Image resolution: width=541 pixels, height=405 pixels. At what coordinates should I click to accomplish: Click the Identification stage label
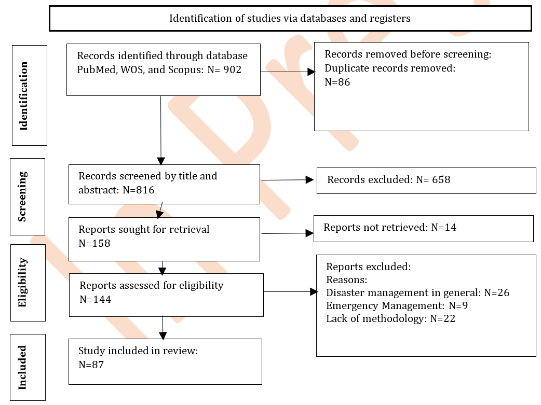[x=23, y=96]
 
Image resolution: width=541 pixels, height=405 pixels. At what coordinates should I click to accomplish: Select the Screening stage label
[x=22, y=197]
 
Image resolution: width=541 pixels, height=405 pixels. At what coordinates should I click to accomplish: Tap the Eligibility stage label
[x=22, y=282]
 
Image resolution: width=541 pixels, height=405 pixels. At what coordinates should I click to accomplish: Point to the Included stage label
[x=22, y=368]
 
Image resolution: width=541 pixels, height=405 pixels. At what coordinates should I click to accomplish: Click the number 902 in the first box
[x=232, y=69]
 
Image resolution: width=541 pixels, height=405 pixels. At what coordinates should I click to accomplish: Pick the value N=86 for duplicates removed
[x=337, y=82]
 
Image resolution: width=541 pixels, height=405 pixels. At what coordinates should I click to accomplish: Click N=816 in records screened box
[x=138, y=190]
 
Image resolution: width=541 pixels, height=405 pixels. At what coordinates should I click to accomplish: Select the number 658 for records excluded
[x=441, y=179]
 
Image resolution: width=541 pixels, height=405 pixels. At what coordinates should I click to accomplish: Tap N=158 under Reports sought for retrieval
[x=94, y=243]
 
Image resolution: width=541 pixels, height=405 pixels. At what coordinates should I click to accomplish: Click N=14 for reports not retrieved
[x=444, y=228]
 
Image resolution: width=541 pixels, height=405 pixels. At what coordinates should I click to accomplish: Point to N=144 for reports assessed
[x=96, y=299]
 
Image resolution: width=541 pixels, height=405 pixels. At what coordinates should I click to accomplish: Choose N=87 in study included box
[x=91, y=365]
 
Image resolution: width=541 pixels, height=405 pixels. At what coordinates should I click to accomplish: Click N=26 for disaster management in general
[x=497, y=292]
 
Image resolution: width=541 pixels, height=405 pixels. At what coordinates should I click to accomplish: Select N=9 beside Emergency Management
[x=458, y=306]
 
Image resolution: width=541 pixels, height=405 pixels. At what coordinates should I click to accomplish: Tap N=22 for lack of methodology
[x=443, y=318]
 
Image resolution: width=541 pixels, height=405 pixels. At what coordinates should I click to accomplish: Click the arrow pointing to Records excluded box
[x=288, y=180]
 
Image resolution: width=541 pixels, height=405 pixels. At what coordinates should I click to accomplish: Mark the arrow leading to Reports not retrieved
[x=288, y=233]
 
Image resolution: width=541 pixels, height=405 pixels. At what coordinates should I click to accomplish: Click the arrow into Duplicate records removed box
[x=288, y=72]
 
